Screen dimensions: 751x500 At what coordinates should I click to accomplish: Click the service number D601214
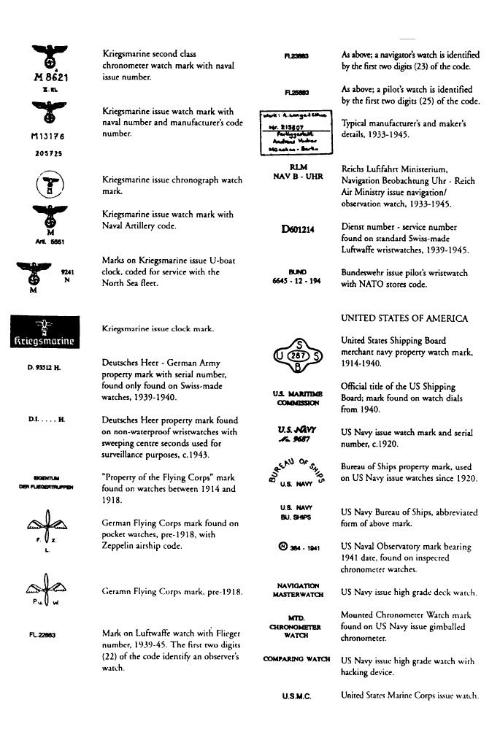click(298, 229)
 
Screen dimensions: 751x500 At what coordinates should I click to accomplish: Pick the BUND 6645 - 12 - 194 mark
click(297, 277)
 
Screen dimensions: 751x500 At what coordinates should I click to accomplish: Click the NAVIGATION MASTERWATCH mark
click(297, 589)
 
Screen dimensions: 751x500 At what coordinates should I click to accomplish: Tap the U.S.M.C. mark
click(297, 698)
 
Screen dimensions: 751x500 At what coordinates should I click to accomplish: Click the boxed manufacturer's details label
click(297, 131)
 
